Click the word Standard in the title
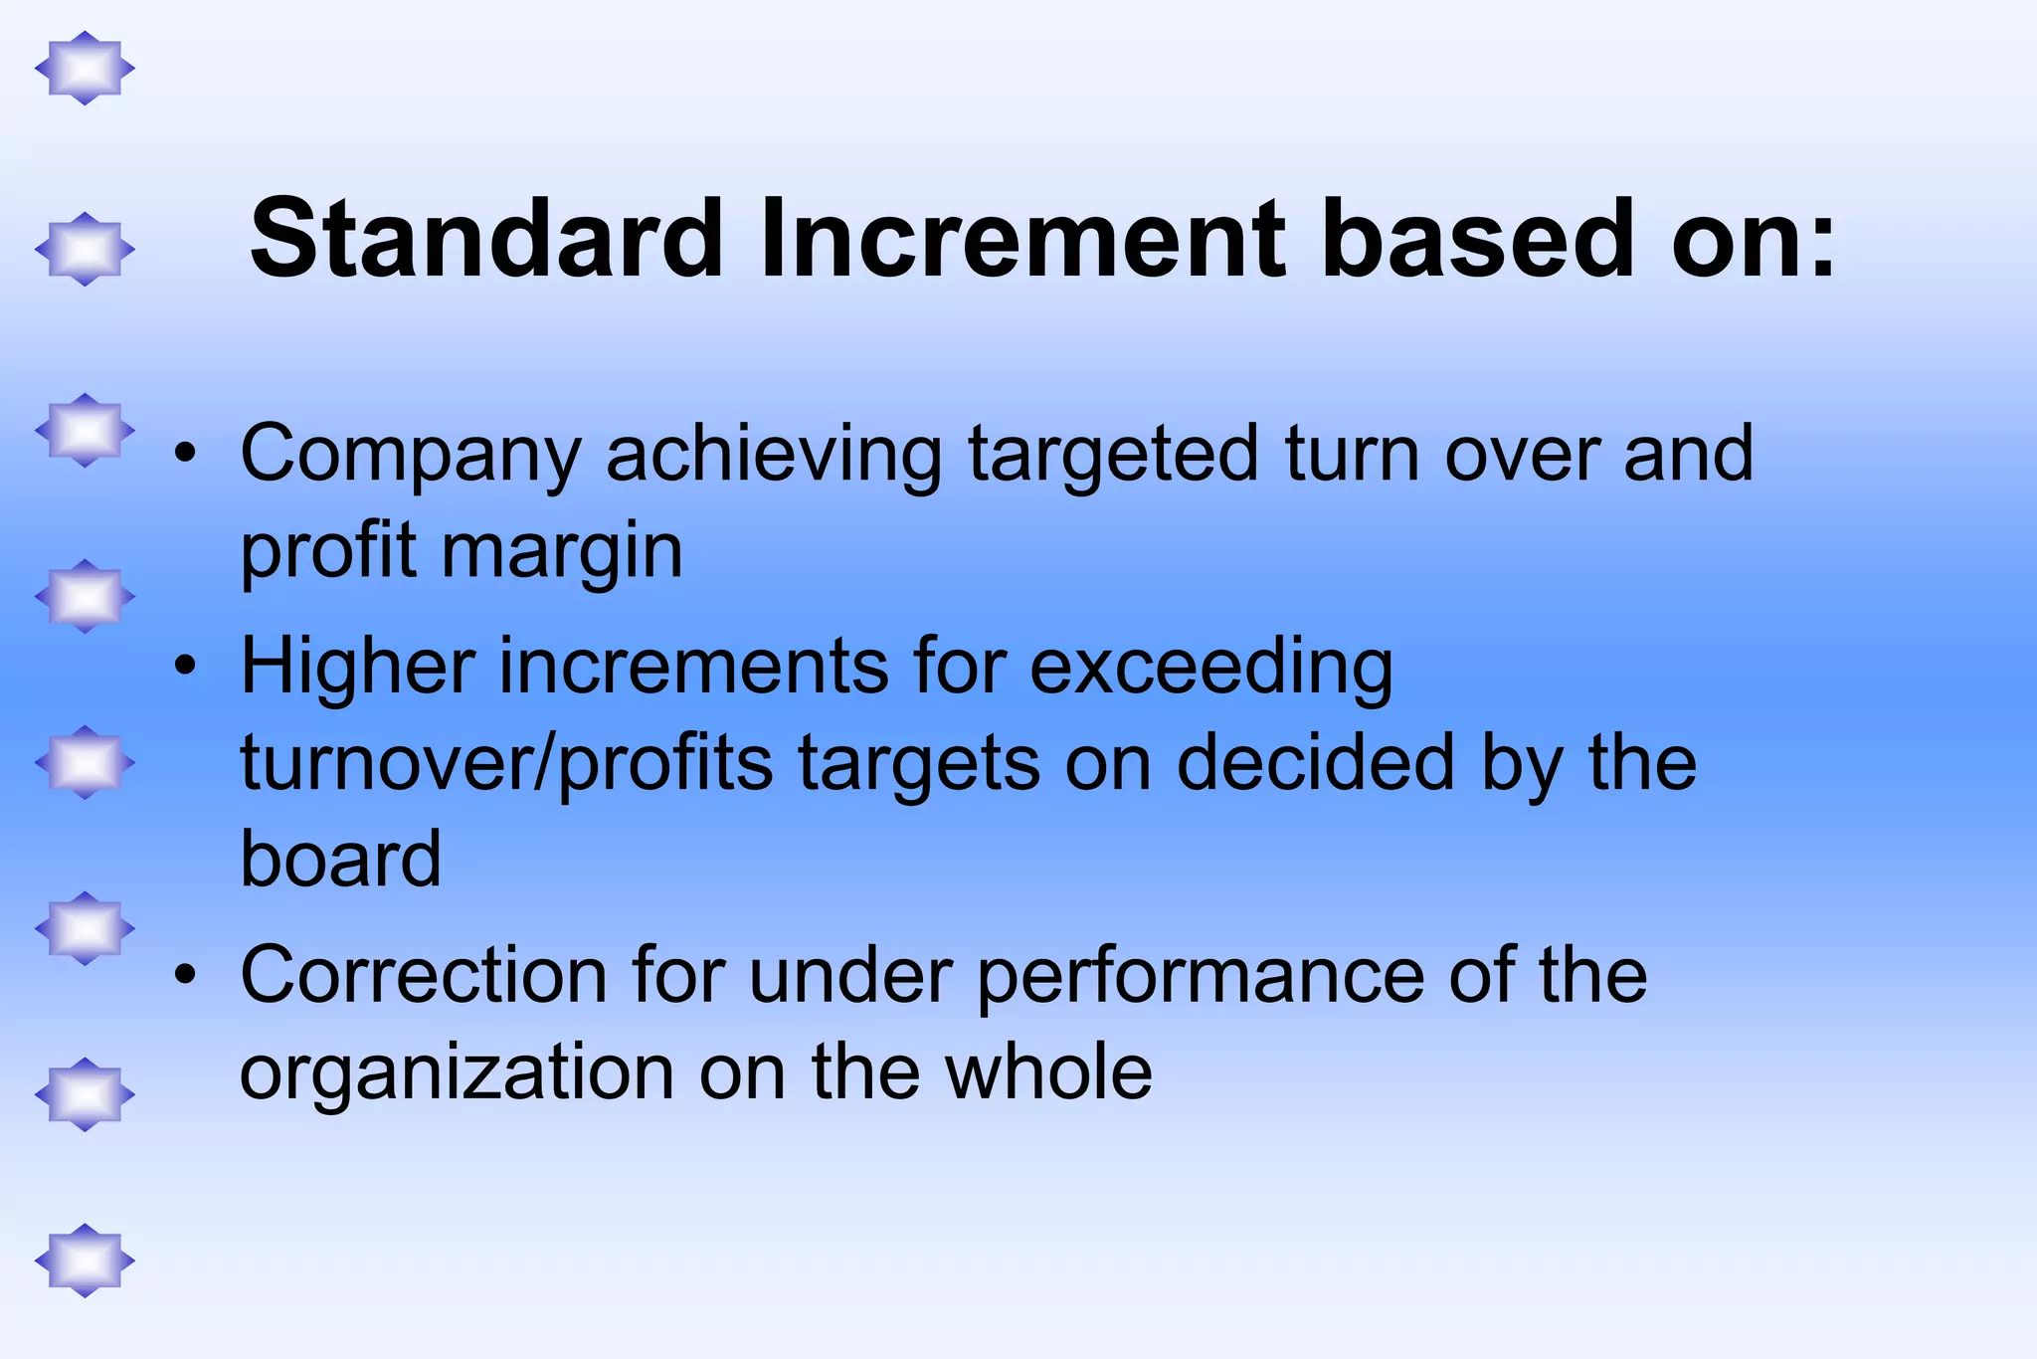pyautogui.click(x=485, y=239)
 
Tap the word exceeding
pyautogui.click(x=1210, y=668)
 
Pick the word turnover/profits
pyautogui.click(x=506, y=764)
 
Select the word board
pyautogui.click(x=340, y=859)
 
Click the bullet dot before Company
pyautogui.click(x=184, y=456)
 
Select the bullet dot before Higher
pyautogui.click(x=184, y=667)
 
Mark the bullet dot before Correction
pyautogui.click(x=184, y=976)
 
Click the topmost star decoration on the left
pyautogui.click(x=85, y=69)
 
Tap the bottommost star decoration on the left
pyautogui.click(x=85, y=1261)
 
